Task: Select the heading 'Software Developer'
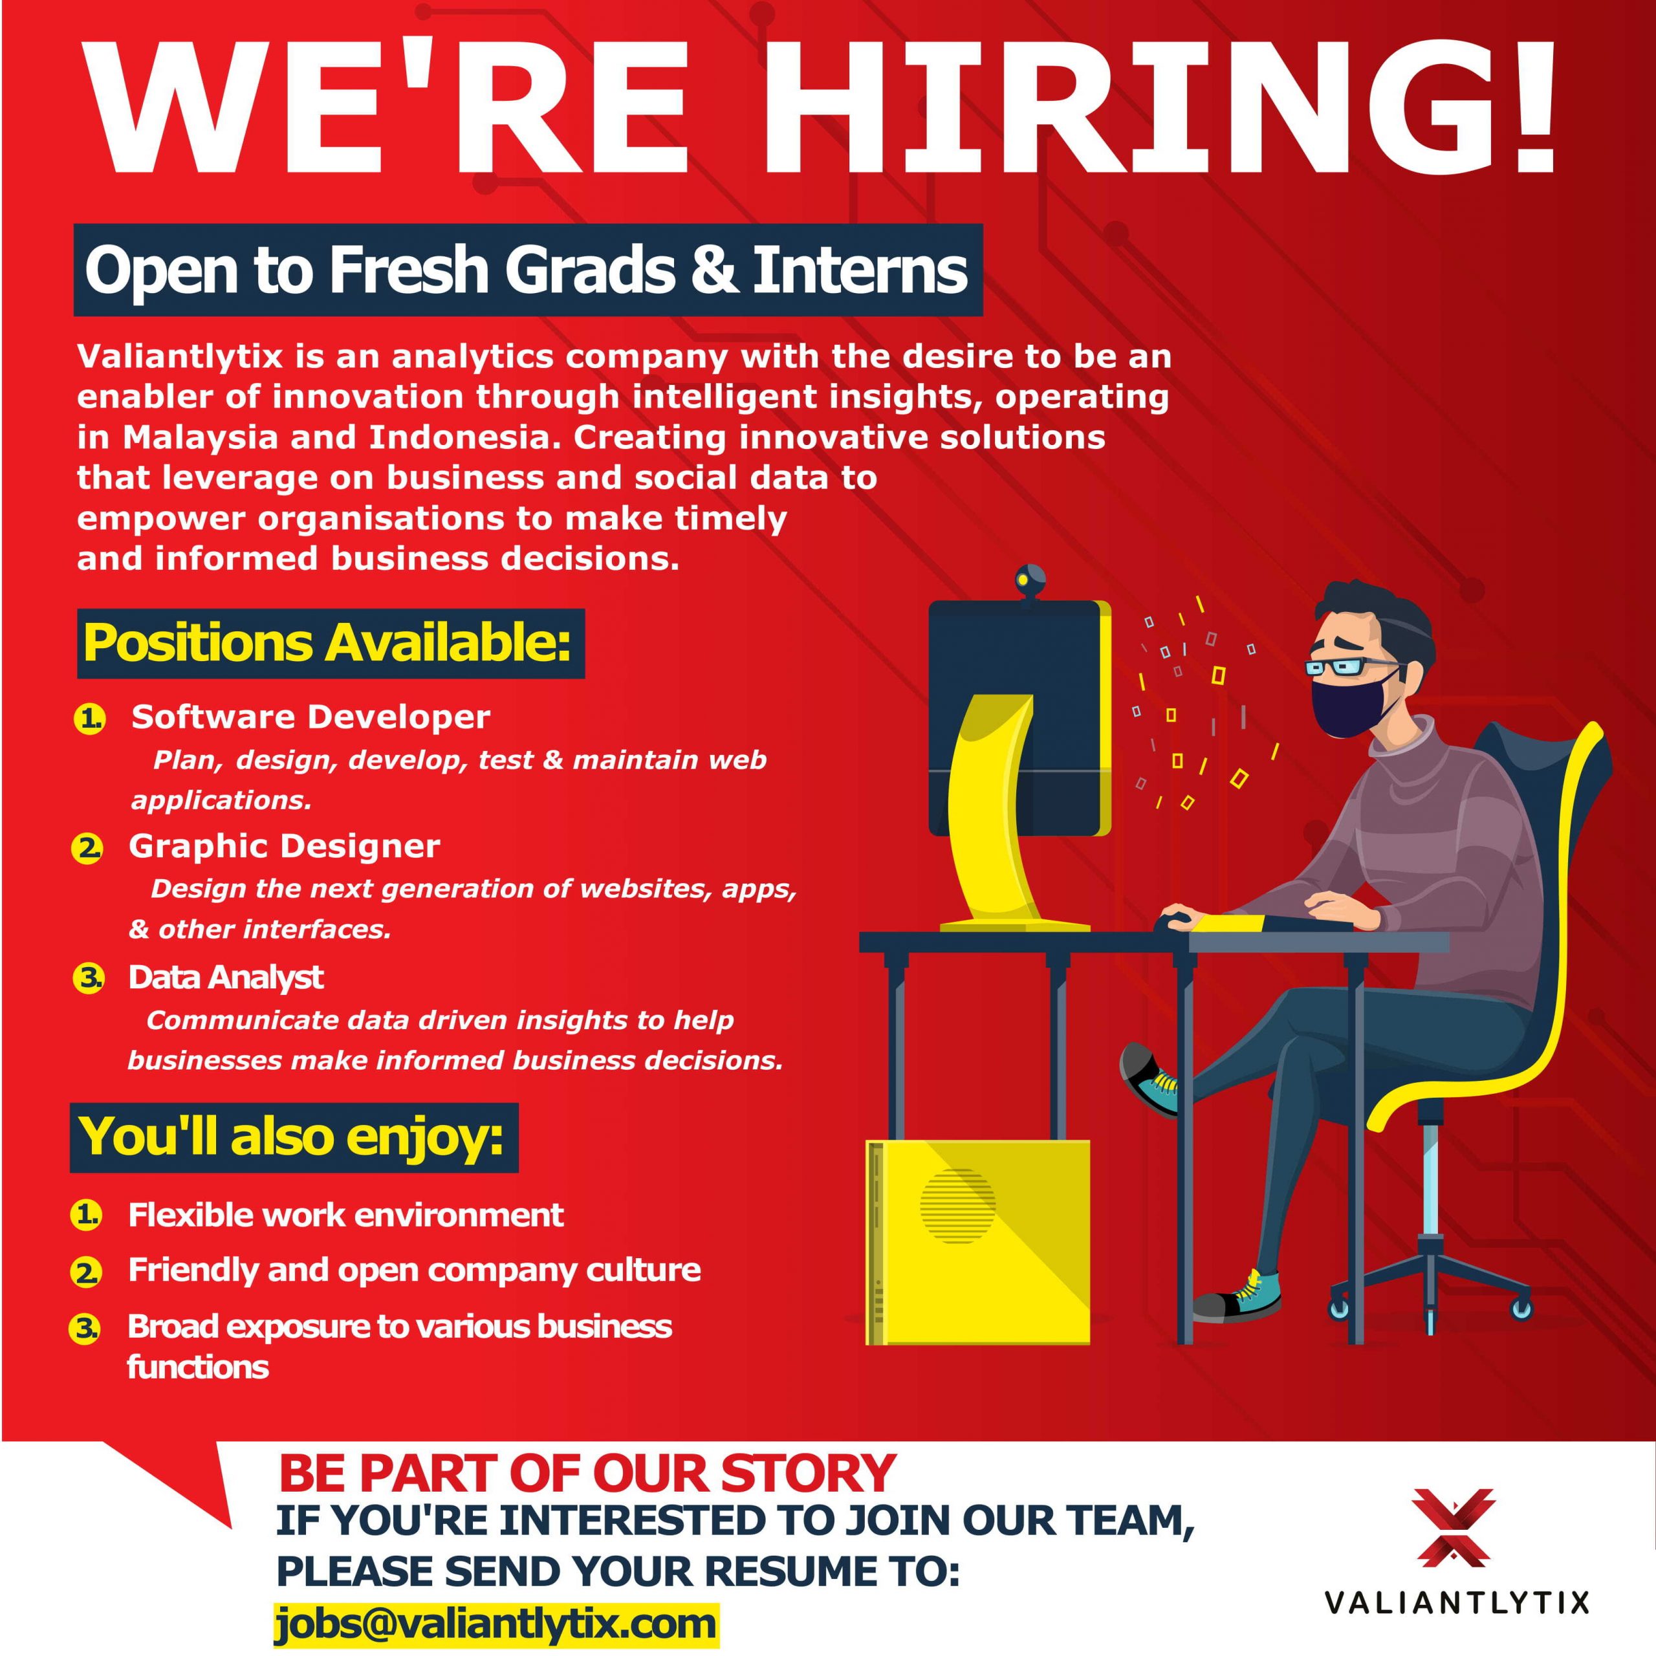click(x=310, y=717)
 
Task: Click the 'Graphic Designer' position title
click(x=284, y=846)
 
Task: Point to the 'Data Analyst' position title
click(x=225, y=977)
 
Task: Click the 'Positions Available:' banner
click(x=330, y=643)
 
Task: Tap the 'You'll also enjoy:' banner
click(x=294, y=1137)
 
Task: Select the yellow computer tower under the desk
click(x=977, y=1242)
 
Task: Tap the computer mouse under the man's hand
click(x=1173, y=921)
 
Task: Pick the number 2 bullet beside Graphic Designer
click(x=87, y=849)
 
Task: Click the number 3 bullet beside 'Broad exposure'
click(x=84, y=1329)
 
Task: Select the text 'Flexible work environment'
click(x=345, y=1215)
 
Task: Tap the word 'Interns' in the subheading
click(x=860, y=269)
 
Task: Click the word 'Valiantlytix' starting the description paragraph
click(x=180, y=356)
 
